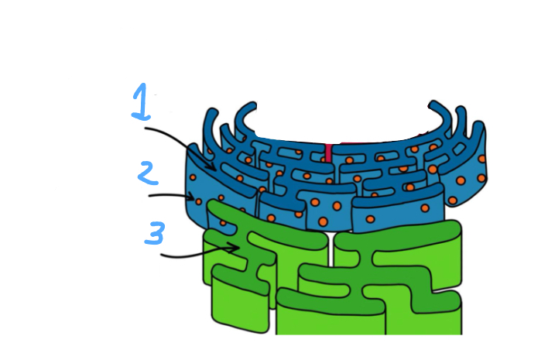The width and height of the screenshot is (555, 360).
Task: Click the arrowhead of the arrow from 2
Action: (x=193, y=197)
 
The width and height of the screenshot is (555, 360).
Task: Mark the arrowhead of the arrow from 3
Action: (x=236, y=248)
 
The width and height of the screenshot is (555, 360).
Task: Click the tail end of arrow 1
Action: (x=146, y=129)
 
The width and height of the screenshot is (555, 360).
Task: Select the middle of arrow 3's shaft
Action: (x=199, y=254)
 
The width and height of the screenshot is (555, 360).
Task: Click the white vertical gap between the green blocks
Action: (x=330, y=255)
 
